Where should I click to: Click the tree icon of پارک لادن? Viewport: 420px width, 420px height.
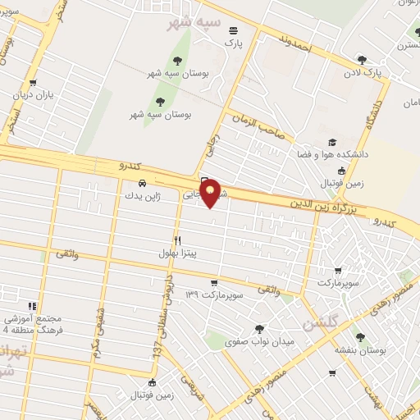pos(362,59)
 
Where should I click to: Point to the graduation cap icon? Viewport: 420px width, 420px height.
pos(332,142)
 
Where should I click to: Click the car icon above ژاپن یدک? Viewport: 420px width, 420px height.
pos(142,183)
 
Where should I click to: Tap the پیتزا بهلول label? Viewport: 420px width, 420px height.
pos(179,254)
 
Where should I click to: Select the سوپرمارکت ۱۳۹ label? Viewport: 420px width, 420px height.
pos(217,294)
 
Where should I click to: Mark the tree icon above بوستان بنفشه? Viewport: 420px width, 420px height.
pos(359,336)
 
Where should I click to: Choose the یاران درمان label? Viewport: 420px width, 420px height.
pos(33,95)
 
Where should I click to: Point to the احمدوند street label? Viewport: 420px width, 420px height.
pos(295,45)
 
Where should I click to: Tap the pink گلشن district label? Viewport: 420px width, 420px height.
pos(320,324)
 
